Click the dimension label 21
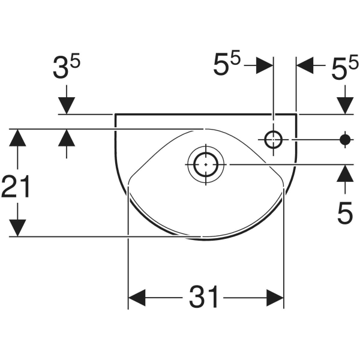click(x=16, y=186)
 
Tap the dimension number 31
click(x=203, y=296)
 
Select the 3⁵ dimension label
click(x=67, y=67)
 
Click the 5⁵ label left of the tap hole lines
click(x=227, y=62)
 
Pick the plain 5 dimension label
click(x=345, y=212)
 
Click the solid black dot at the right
click(x=345, y=139)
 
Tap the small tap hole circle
click(x=273, y=139)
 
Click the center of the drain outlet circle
click(x=206, y=164)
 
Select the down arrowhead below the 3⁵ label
click(x=67, y=106)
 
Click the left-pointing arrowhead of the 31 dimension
click(x=137, y=298)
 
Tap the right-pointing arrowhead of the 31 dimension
click(x=275, y=298)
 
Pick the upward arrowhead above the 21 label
click(x=17, y=137)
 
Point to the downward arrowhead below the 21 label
click(x=17, y=228)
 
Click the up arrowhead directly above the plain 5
click(x=345, y=173)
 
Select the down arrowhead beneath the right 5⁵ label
click(x=345, y=106)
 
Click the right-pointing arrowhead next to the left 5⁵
click(x=265, y=65)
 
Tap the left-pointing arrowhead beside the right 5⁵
click(x=305, y=65)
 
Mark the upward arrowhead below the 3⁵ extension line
click(x=67, y=137)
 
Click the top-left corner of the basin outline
click(x=115, y=114)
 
